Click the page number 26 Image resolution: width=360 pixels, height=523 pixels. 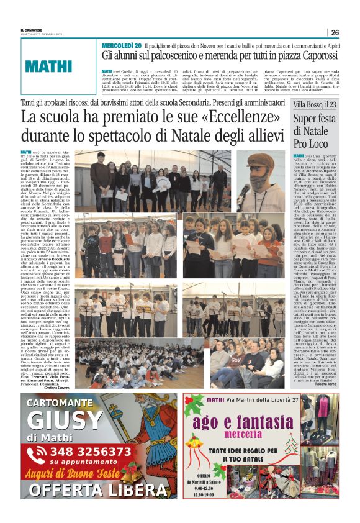(x=335, y=32)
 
